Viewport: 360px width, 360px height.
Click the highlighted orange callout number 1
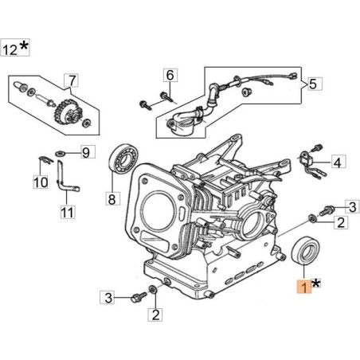304,287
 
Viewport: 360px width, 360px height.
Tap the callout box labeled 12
15,48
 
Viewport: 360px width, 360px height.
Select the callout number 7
72,80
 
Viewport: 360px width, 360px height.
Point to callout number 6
170,75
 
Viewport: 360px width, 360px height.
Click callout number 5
315,84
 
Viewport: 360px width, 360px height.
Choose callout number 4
338,162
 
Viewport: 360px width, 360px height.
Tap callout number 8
112,198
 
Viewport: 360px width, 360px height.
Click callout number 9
86,152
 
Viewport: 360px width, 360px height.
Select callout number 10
41,182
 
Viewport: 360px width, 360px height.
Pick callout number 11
68,212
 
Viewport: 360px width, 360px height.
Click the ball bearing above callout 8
123,159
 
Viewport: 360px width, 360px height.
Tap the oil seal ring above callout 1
305,251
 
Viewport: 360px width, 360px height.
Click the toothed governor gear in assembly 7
68,113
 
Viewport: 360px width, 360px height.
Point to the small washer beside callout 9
61,153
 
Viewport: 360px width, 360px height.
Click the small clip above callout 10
45,160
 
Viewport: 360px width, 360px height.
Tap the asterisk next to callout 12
24,46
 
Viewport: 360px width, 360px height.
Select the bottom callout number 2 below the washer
155,315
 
